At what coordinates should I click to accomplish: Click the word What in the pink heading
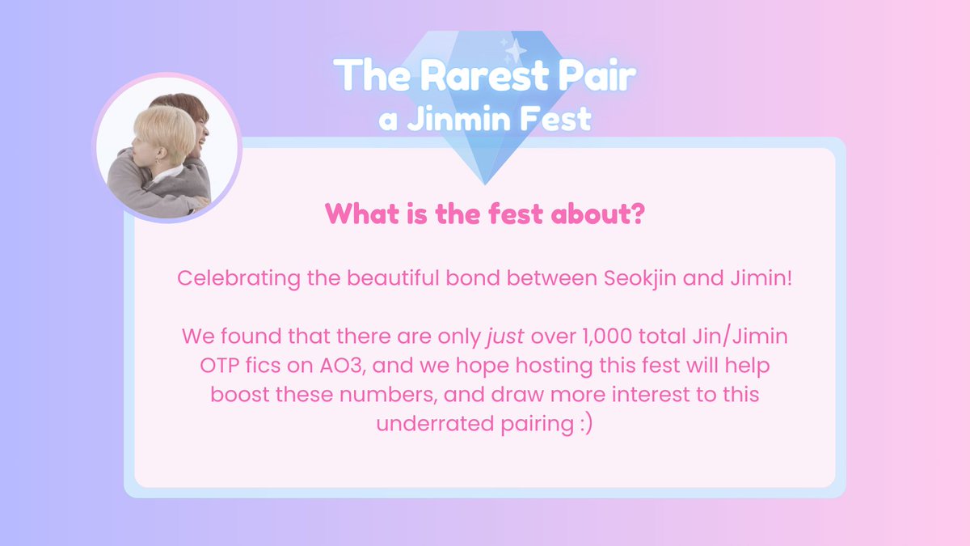click(x=362, y=214)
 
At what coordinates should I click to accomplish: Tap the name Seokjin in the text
click(x=639, y=278)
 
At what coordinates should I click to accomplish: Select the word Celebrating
click(x=238, y=278)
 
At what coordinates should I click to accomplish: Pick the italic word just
click(x=505, y=337)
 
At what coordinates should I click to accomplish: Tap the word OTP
click(x=220, y=366)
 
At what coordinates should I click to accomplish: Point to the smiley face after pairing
click(x=586, y=424)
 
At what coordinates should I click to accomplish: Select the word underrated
click(x=435, y=423)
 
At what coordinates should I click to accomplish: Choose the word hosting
click(x=554, y=366)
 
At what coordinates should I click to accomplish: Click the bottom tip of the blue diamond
click(x=485, y=184)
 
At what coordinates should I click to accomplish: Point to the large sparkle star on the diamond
click(x=516, y=51)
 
